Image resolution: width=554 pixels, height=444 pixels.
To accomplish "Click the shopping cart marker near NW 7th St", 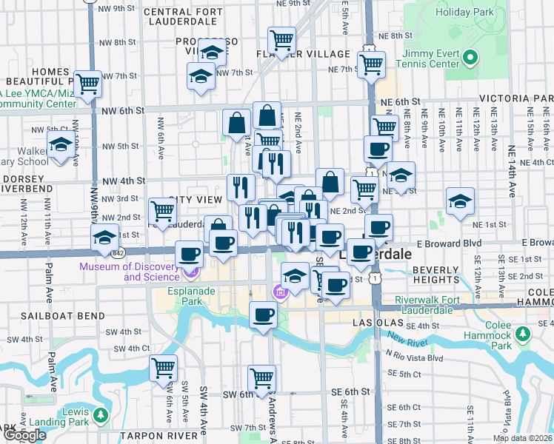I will [x=88, y=84].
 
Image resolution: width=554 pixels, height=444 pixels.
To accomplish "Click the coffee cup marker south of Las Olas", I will [x=262, y=315].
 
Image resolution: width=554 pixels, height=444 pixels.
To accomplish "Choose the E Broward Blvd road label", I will [x=444, y=243].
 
